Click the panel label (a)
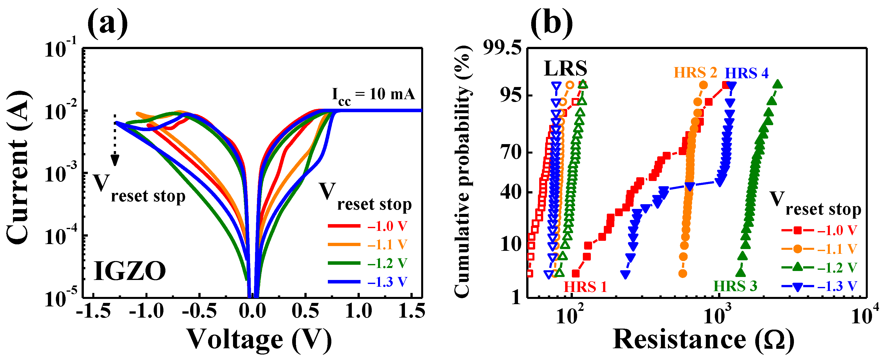108,23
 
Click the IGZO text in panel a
129,271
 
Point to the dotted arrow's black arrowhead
115,160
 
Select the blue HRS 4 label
747,74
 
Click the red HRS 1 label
585,287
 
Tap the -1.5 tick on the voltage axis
93,311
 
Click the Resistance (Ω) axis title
703,340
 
